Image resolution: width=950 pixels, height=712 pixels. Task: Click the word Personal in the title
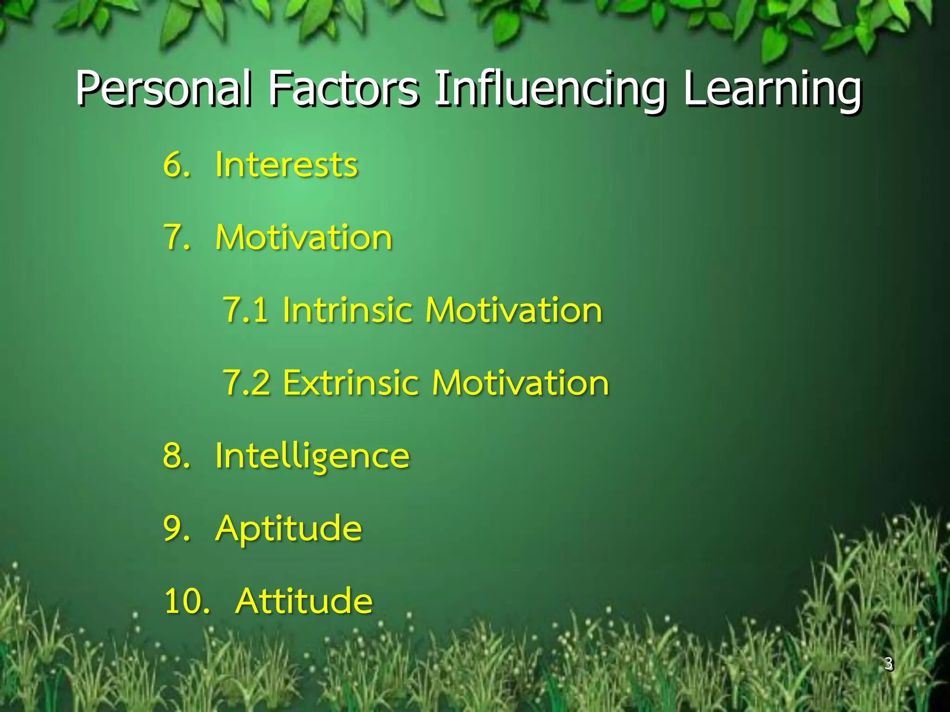tap(164, 88)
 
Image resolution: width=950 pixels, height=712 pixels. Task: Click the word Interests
tap(286, 165)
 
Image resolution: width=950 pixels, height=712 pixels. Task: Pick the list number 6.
tap(176, 165)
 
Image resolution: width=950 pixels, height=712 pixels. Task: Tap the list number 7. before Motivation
tap(176, 237)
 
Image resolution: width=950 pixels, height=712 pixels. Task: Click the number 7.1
tap(245, 310)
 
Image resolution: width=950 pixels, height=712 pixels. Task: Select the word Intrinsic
tap(347, 310)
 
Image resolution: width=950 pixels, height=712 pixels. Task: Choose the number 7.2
tap(246, 382)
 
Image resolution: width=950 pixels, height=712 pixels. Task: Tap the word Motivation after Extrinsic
tap(520, 382)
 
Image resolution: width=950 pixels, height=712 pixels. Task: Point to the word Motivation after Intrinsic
tap(514, 310)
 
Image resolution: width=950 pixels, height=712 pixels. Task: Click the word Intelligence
tap(312, 456)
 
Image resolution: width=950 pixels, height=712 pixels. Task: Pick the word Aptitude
tap(288, 528)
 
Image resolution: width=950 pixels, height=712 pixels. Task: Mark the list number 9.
tap(176, 528)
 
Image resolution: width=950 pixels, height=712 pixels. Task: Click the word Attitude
tap(304, 601)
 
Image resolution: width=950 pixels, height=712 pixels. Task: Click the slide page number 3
tap(888, 663)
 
